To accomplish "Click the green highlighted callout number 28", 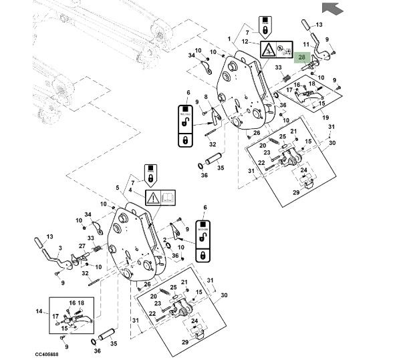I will (303, 58).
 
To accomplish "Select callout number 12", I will (245, 41).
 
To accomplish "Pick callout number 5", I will (118, 188).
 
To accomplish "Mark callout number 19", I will (326, 118).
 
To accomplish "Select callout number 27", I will (82, 246).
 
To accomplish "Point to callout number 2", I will (164, 239).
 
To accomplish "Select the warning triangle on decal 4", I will (152, 197).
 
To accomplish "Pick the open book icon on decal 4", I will (168, 197).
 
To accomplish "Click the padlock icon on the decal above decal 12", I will (265, 31).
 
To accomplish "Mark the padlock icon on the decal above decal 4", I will (151, 178).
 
